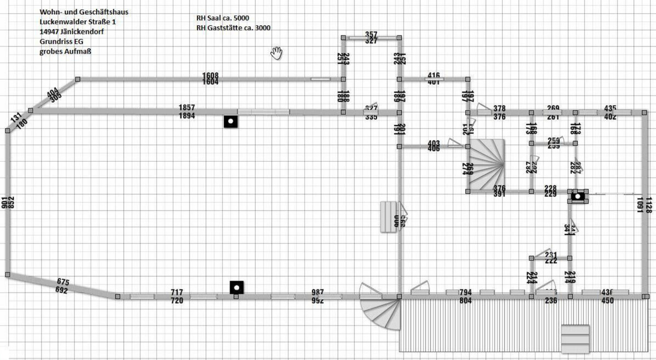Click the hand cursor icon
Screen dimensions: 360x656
[277, 52]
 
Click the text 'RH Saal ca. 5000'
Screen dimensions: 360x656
[223, 18]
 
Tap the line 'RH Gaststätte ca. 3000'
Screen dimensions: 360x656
[233, 28]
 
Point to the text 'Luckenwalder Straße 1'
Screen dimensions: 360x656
[78, 22]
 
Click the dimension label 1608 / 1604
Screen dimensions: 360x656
[210, 79]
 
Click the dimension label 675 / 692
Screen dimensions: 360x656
[62, 286]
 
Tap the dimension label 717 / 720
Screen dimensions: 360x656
[177, 296]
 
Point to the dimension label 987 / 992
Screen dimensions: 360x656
[318, 296]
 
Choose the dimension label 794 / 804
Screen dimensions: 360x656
[465, 296]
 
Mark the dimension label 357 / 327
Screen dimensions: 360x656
[371, 37]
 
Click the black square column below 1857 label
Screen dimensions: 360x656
[231, 121]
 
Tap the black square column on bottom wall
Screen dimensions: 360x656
[236, 286]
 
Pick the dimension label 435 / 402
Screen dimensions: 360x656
[611, 112]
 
